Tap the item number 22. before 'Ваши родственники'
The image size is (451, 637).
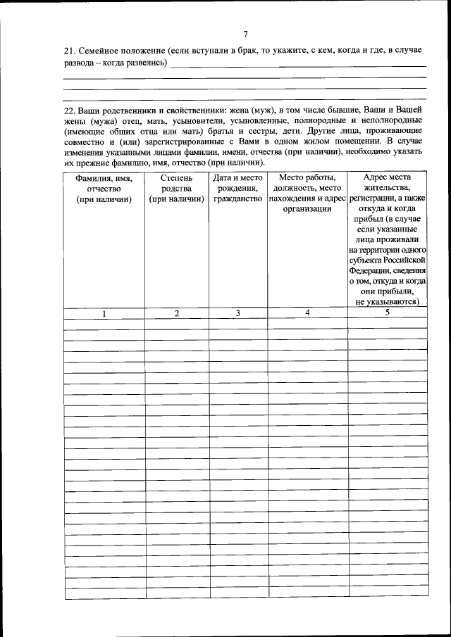click(69, 111)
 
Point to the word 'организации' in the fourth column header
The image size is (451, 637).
click(307, 209)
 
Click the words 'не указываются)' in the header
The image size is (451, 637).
click(387, 301)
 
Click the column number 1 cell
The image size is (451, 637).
click(104, 314)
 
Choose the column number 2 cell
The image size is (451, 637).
click(177, 313)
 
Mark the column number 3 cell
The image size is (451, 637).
click(238, 313)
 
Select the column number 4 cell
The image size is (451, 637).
click(307, 313)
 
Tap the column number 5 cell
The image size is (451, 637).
click(387, 313)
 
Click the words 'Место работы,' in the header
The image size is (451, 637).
click(307, 178)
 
